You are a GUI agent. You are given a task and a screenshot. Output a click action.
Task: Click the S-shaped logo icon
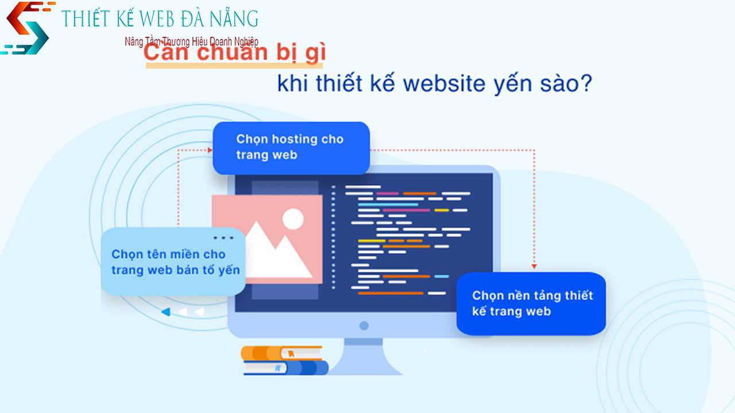26,28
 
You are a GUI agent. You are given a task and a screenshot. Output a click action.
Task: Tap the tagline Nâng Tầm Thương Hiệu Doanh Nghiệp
191,42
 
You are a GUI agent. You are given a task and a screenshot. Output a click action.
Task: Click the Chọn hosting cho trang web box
291,147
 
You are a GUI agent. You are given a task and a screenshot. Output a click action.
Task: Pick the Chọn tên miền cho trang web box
173,262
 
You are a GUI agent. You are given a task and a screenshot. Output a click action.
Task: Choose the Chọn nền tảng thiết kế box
531,303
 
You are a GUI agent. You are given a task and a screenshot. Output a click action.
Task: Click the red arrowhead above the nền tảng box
534,266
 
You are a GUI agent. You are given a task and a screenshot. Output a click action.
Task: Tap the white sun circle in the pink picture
293,218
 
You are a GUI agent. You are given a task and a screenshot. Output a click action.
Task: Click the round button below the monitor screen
363,326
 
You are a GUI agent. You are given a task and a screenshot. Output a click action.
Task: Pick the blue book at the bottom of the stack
285,368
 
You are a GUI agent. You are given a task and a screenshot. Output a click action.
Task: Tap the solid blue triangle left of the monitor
165,312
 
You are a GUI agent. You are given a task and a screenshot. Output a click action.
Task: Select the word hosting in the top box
295,139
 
